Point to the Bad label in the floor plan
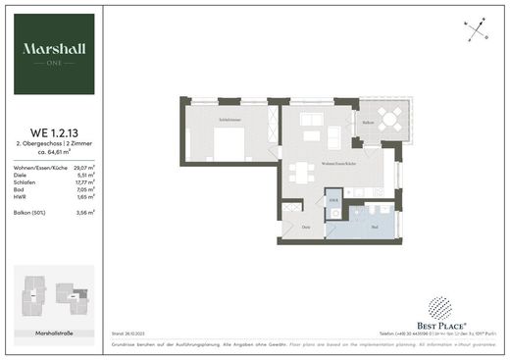tap(376, 227)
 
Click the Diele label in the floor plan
tap(306, 228)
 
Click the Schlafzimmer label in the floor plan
tap(231, 119)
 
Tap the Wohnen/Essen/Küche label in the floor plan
tap(338, 163)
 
